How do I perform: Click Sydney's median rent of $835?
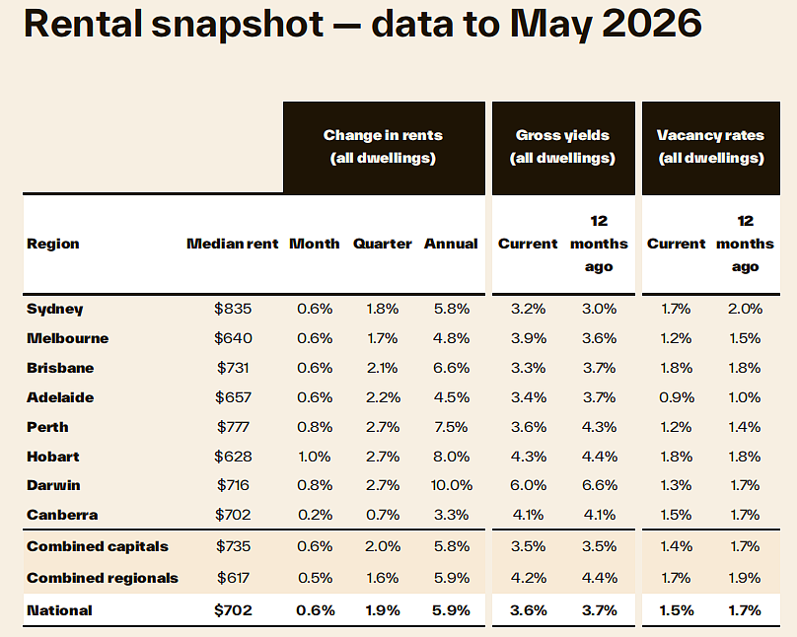(x=233, y=309)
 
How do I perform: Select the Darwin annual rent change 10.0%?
(x=452, y=485)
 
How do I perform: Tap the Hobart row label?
(x=53, y=457)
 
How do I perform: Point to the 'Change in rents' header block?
(x=385, y=148)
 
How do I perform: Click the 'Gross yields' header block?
(x=563, y=148)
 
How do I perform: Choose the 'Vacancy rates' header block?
(x=711, y=148)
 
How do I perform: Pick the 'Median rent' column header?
(x=233, y=244)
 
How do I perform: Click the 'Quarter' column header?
(x=383, y=244)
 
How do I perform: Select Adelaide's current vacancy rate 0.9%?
(x=677, y=397)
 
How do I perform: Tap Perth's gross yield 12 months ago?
(x=600, y=427)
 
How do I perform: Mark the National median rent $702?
(x=233, y=610)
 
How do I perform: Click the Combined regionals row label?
(x=103, y=578)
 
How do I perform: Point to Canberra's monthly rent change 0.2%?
(x=315, y=515)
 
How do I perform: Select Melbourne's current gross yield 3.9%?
(x=529, y=338)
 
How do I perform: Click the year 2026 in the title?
(x=652, y=24)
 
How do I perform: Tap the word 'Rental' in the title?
(x=83, y=24)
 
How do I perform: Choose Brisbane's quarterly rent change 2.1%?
(x=383, y=368)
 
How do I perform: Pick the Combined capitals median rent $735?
(x=233, y=546)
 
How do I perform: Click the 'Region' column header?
(x=53, y=245)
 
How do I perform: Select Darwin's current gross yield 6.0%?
(x=529, y=485)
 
